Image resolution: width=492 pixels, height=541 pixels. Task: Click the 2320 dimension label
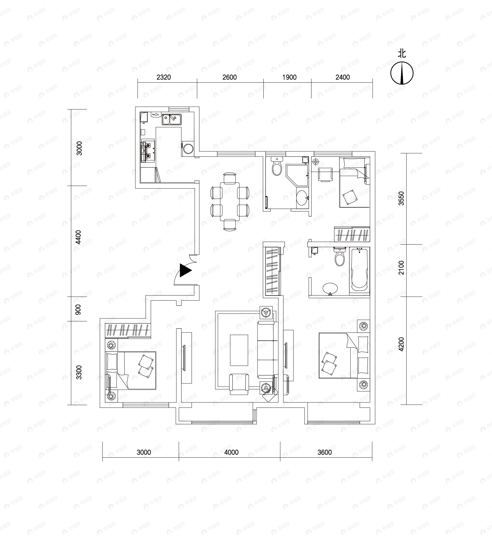coord(164,77)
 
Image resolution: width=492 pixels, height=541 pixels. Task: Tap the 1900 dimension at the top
coord(289,77)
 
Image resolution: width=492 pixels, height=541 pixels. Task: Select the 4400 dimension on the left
coord(78,237)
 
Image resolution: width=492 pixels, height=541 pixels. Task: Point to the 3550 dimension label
coord(401,199)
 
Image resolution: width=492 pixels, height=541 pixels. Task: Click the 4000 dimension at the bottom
coord(231,452)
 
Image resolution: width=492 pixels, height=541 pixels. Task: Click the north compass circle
coord(402,73)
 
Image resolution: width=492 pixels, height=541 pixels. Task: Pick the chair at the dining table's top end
coord(230,178)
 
